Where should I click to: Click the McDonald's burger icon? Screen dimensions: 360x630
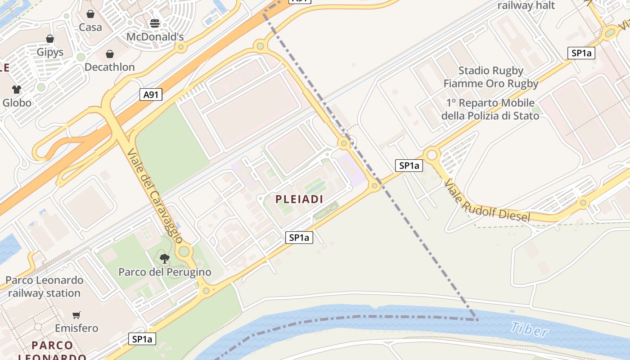[x=155, y=23]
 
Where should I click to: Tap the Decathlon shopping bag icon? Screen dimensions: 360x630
[x=110, y=54]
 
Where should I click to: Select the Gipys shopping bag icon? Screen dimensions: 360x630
[x=50, y=39]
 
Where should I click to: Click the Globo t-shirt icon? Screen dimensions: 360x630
[x=17, y=90]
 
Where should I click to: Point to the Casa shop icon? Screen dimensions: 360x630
[x=90, y=14]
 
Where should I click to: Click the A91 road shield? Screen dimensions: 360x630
[x=151, y=94]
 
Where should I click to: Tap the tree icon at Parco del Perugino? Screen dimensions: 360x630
[x=165, y=259]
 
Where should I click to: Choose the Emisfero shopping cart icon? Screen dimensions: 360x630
[x=76, y=315]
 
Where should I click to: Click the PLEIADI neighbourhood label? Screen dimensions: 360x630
[x=299, y=199]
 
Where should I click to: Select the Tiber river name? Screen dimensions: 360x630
[x=529, y=329]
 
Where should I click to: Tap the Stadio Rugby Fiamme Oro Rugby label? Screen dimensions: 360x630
[x=491, y=77]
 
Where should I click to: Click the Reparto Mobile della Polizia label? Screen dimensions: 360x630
[x=490, y=109]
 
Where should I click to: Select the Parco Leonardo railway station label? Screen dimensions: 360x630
[x=45, y=287]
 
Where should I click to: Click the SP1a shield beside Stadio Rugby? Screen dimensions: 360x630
[x=581, y=53]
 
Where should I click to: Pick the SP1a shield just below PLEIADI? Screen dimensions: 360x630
[x=299, y=238]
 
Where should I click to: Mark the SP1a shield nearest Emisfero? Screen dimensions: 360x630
[x=143, y=339]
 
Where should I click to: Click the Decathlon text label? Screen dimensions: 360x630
[x=110, y=67]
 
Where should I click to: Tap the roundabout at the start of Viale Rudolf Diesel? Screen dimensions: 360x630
[x=432, y=155]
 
